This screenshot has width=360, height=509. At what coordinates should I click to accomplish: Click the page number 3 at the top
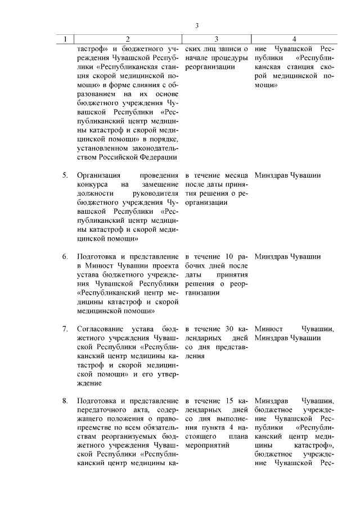(197, 25)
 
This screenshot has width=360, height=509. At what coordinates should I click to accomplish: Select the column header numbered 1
(65, 39)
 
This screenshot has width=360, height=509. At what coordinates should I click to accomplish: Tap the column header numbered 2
(128, 39)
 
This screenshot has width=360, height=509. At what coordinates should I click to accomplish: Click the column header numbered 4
(294, 39)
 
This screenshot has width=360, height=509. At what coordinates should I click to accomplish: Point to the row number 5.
(65, 175)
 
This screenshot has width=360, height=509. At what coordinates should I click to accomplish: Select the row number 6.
(65, 256)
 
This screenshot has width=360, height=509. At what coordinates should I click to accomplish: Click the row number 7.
(65, 328)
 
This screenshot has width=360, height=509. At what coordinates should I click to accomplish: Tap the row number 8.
(65, 400)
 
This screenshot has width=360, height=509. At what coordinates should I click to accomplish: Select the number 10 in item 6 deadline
(222, 256)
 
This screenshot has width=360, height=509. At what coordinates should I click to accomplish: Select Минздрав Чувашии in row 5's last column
(287, 175)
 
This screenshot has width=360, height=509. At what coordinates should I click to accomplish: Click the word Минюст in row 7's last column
(268, 328)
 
